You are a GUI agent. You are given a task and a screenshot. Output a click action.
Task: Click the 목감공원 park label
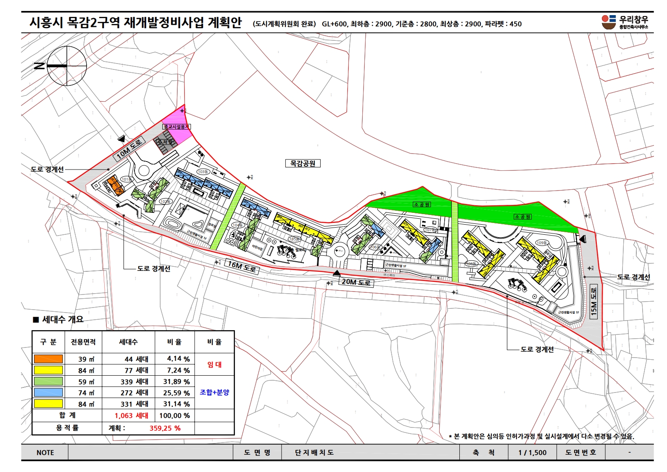(303, 163)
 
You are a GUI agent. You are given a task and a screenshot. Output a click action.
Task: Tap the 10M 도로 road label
(129, 148)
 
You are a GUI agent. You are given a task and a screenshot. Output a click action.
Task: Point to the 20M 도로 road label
(356, 282)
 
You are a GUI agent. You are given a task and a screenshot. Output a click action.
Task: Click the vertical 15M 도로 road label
(593, 302)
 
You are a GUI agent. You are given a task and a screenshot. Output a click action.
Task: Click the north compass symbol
(66, 66)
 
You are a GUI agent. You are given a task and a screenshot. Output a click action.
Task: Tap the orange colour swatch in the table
(48, 359)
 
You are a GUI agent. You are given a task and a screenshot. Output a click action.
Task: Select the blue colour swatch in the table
(48, 392)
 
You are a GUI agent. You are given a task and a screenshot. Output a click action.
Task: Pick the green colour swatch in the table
(48, 382)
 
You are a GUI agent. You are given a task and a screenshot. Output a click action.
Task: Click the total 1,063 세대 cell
(132, 416)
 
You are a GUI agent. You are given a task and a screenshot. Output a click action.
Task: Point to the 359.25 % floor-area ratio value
(165, 428)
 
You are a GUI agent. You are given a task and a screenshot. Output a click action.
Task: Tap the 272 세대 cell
(134, 392)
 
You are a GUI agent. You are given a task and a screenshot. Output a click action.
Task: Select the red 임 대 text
(214, 365)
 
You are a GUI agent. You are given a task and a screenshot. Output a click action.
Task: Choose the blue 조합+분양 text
(214, 392)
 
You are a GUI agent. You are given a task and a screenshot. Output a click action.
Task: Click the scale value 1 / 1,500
(533, 453)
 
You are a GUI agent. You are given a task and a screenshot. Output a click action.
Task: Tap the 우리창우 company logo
(625, 22)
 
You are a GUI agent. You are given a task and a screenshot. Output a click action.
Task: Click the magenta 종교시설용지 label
(177, 127)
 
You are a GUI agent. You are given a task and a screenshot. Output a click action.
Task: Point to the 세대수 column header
(128, 342)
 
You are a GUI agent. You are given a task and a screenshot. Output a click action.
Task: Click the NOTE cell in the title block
(45, 453)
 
